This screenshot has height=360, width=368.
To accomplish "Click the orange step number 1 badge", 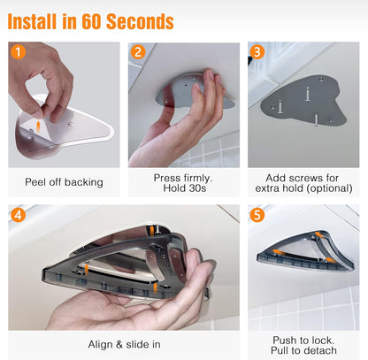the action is [18, 52].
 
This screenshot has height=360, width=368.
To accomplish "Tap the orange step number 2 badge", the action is [138, 52].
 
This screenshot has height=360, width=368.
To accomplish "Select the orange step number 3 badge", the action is [257, 52].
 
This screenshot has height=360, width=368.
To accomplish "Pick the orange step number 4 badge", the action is [18, 215].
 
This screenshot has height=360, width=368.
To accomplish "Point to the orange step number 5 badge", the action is [257, 215].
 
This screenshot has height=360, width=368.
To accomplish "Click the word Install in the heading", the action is [32, 21].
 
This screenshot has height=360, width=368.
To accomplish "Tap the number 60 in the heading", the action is [92, 21].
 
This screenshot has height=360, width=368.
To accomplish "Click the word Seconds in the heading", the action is [140, 21].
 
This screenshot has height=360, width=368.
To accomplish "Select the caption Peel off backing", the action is [64, 182].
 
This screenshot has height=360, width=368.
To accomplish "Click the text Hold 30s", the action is [185, 188].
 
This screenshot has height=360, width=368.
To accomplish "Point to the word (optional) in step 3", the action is [330, 188].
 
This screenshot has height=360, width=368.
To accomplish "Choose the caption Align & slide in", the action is [124, 344].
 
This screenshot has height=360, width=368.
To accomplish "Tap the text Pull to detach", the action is [303, 350].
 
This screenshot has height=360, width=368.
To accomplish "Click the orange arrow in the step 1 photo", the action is [38, 127].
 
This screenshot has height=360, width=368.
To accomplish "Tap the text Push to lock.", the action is [303, 341].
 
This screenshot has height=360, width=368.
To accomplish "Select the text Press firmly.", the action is [183, 178].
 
